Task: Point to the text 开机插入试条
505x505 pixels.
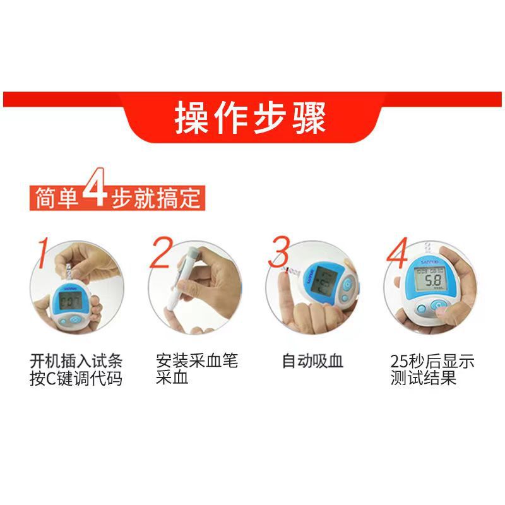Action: (76, 362)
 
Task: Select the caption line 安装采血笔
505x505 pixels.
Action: (197, 362)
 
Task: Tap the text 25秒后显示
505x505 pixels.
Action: (432, 362)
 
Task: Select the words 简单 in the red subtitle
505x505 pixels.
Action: (55, 198)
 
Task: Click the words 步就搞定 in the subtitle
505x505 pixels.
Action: (157, 198)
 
